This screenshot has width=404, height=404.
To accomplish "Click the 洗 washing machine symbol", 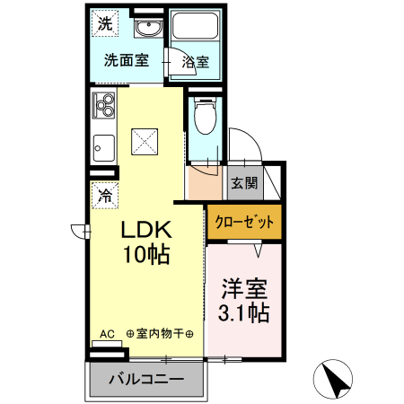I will click(105, 25).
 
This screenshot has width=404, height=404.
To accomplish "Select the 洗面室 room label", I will click(126, 62).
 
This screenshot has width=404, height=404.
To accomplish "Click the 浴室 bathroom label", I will click(195, 62).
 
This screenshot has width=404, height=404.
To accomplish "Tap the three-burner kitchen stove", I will click(103, 107).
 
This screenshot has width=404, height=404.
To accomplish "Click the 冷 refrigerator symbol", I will click(105, 192).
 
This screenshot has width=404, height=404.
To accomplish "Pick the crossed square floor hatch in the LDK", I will click(144, 140).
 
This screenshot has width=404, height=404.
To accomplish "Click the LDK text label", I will click(147, 230).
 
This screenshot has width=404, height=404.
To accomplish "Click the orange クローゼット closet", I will click(243, 222).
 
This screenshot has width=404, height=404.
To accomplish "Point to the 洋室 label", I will click(245, 291).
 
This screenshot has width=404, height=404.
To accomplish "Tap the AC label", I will click(107, 334).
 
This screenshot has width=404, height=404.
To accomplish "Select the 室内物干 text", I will click(164, 334).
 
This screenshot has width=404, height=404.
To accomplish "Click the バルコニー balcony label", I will click(147, 379).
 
